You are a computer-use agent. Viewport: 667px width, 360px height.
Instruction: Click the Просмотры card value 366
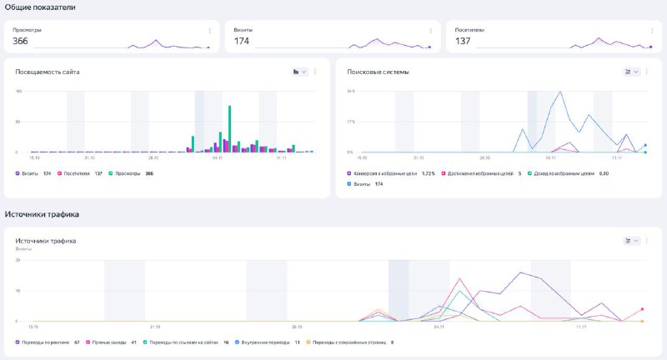pos(21,41)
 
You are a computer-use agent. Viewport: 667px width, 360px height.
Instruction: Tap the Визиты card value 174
pos(242,41)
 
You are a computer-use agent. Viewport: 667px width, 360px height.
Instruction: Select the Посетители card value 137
pos(463,41)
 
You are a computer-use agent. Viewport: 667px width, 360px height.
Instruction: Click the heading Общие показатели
pos(39,7)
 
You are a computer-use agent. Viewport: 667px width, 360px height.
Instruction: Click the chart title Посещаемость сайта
pos(48,72)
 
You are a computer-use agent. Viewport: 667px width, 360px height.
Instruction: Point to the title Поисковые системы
pos(378,72)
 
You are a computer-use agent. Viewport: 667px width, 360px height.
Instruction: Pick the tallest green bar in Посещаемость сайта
pos(229,127)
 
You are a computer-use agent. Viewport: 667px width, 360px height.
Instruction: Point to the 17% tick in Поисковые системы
pos(351,122)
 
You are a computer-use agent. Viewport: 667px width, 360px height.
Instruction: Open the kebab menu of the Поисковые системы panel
pos(648,72)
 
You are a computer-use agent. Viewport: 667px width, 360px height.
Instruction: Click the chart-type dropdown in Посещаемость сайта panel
pos(299,72)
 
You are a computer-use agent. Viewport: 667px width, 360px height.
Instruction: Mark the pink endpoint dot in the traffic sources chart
pos(642,309)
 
